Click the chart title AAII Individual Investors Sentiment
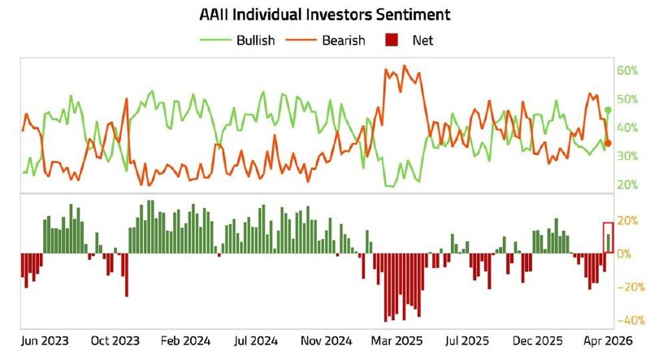pos(325,15)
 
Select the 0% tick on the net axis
pos(622,254)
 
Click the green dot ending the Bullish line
pos(608,110)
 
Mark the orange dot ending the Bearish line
pos(608,143)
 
